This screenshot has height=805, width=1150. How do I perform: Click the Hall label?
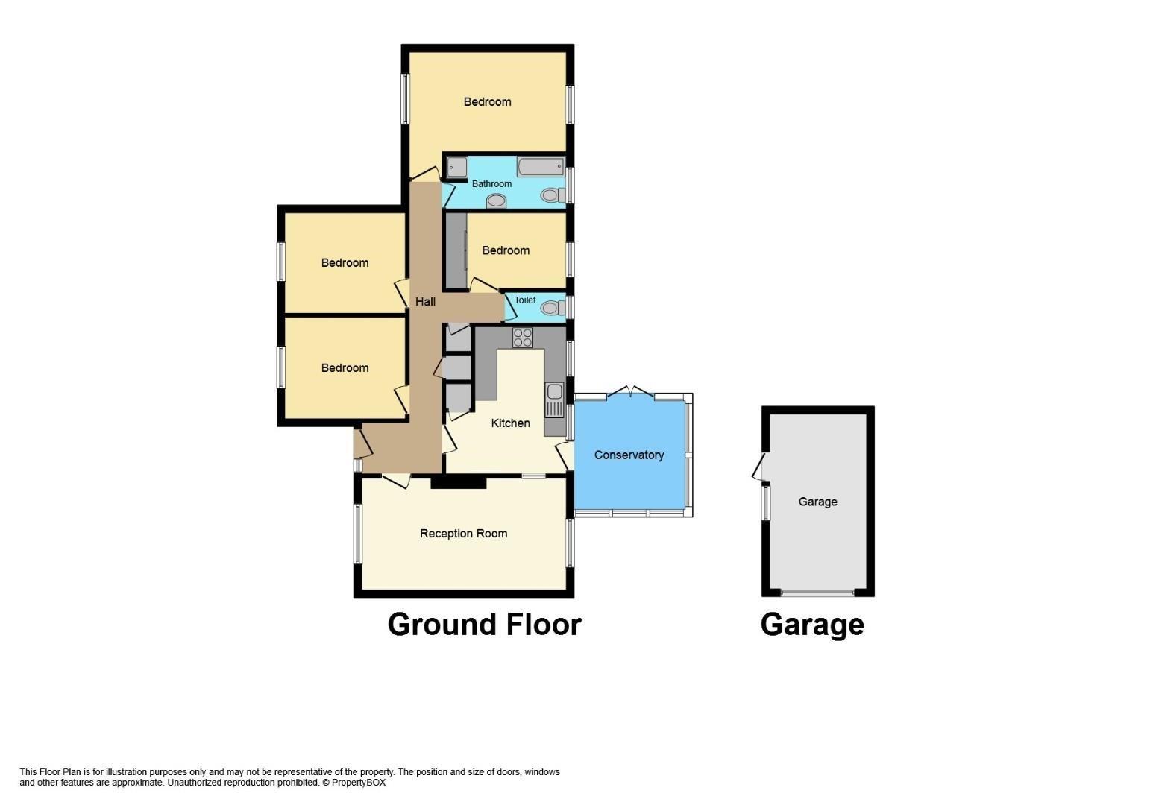[x=425, y=302]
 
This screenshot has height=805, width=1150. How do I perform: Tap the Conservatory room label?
[x=629, y=455]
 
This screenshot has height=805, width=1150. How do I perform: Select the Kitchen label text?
[x=510, y=423]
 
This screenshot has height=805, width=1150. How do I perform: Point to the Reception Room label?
[x=464, y=534]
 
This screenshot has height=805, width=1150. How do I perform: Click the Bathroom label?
[x=491, y=183]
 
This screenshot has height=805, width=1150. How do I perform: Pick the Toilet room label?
[x=525, y=300]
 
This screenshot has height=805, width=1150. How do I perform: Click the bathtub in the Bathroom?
[x=541, y=167]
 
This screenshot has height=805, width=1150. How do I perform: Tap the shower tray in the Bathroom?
[x=457, y=167]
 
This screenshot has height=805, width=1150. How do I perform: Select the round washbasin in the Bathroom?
[x=497, y=201]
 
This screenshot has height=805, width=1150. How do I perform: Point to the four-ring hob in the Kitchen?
[x=523, y=338]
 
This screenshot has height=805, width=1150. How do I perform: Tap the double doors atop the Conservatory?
[x=630, y=391]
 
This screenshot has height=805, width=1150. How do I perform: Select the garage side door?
[x=759, y=467]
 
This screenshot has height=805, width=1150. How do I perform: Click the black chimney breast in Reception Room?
[x=459, y=482]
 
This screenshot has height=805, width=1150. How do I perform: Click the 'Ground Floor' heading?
[x=485, y=625]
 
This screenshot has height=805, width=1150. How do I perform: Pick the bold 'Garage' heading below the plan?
[x=812, y=625]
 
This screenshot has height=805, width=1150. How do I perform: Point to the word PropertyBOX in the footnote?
[x=358, y=783]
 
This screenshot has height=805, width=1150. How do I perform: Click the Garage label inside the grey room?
[x=817, y=502]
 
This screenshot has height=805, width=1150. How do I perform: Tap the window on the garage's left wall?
[x=765, y=503]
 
